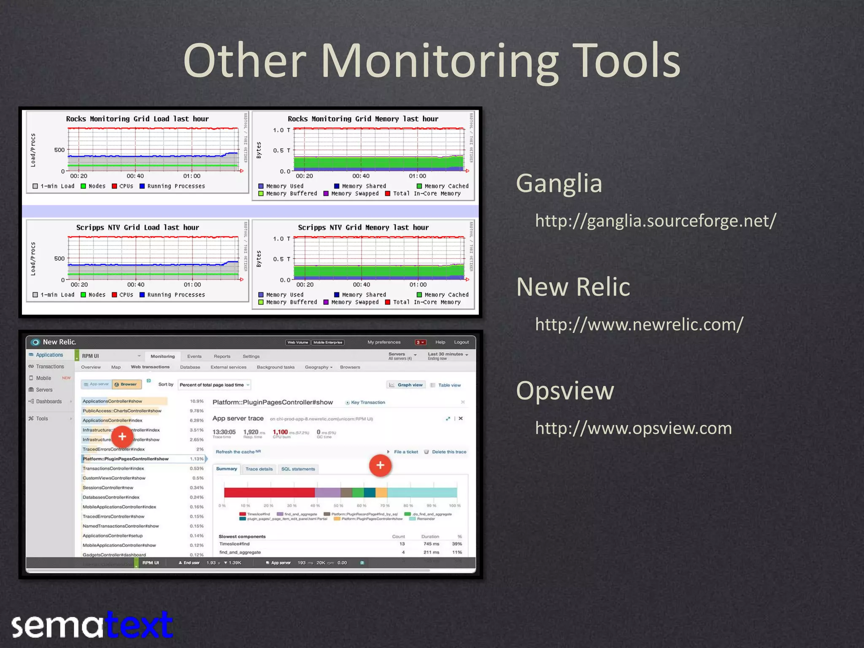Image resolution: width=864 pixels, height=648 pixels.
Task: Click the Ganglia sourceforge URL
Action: tap(655, 221)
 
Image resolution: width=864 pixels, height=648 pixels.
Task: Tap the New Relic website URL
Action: tap(639, 324)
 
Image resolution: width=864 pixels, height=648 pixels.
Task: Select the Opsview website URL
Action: tap(633, 428)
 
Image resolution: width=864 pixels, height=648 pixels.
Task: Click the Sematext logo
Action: tap(92, 625)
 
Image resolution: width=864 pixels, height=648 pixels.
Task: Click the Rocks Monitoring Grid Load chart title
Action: tap(137, 119)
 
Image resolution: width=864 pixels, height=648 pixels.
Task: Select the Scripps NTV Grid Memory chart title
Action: tap(363, 228)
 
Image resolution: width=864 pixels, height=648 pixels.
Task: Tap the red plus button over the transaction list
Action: tap(122, 437)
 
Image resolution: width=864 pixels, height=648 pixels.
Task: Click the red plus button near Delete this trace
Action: tap(380, 465)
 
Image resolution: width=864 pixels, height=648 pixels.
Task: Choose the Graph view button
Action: tap(406, 385)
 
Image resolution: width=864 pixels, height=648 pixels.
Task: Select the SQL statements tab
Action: tap(298, 469)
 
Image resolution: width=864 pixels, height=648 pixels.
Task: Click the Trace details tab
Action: tap(259, 469)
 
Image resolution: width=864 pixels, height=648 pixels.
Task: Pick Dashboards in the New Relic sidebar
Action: tap(49, 402)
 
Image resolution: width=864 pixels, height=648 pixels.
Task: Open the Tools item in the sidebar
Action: tap(42, 418)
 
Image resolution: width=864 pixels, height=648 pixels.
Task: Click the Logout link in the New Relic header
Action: tap(461, 342)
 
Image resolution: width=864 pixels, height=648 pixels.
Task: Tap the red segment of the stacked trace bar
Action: tap(269, 492)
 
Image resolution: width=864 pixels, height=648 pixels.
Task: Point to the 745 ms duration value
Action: tap(431, 544)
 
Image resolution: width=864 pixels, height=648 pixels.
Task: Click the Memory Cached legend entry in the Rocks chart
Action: tap(443, 186)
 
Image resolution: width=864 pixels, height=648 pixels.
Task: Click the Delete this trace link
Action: tap(448, 452)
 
